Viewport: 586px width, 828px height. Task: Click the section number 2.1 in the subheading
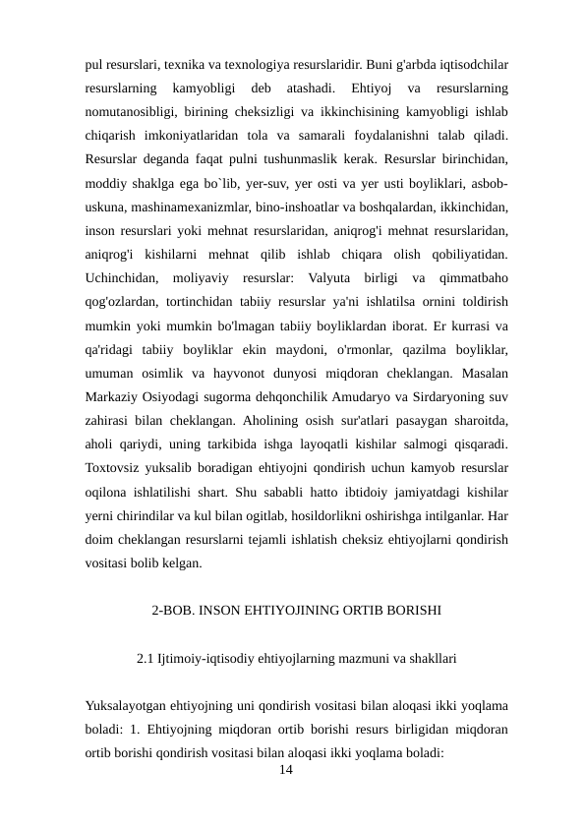coord(146,657)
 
